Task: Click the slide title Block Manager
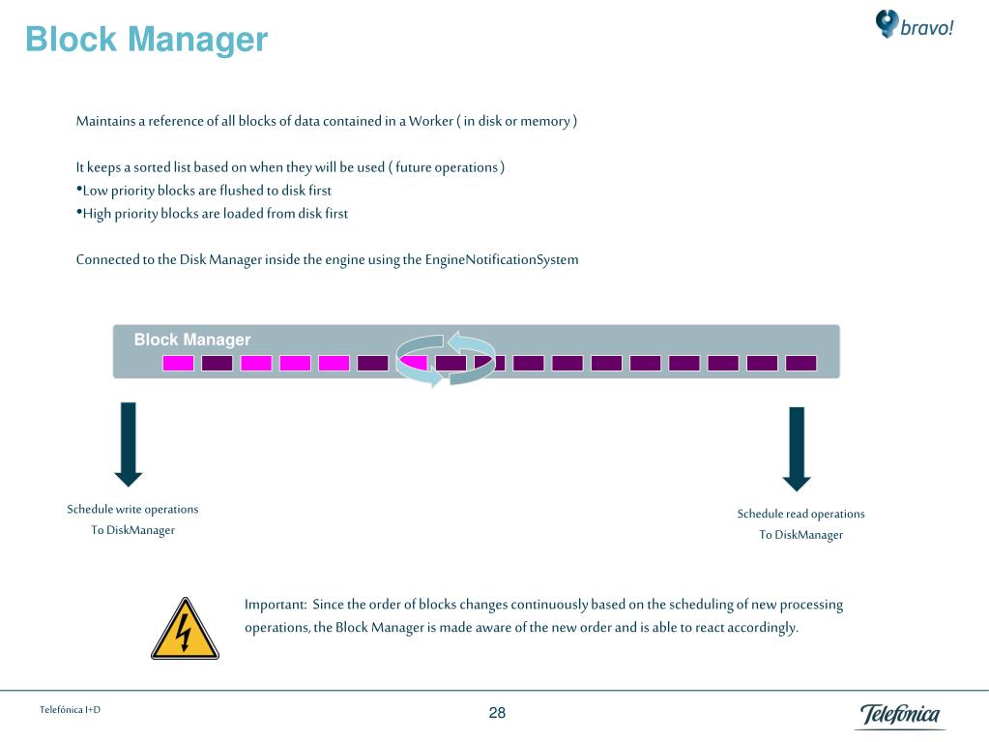(146, 40)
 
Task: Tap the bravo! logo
(914, 25)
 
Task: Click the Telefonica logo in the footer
(900, 716)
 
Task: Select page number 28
(497, 713)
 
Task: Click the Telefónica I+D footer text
(70, 710)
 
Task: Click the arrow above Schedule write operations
(129, 443)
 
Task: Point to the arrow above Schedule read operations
(797, 448)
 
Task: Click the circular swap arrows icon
(446, 359)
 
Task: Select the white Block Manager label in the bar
(192, 340)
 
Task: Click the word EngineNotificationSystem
(502, 259)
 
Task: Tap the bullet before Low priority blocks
(79, 190)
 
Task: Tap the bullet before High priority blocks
(79, 213)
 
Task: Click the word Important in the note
(275, 605)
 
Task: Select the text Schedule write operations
(132, 509)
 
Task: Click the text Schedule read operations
(800, 514)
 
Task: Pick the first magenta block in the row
(178, 364)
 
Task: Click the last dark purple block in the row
(800, 364)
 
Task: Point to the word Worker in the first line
(430, 121)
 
